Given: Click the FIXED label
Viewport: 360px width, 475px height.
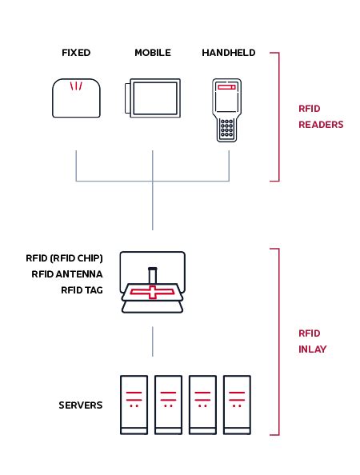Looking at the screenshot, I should tap(76, 54).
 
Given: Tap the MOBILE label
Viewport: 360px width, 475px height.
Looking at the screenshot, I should tap(153, 54).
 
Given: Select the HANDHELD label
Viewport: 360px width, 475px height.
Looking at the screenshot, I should tap(229, 54).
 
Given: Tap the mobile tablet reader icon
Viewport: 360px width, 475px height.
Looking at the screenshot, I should tap(152, 98).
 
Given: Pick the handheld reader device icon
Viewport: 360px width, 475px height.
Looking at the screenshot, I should tap(229, 110).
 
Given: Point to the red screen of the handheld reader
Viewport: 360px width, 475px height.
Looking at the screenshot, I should tap(229, 98).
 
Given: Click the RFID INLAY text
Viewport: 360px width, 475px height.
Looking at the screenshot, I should tap(313, 341).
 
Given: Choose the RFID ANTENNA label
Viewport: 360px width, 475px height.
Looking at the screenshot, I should tap(67, 273).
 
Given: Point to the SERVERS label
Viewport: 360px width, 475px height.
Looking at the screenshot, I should tap(80, 405).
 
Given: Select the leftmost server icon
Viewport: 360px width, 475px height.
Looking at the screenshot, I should tap(134, 404).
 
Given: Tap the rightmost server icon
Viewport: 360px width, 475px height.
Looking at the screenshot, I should tap(237, 404).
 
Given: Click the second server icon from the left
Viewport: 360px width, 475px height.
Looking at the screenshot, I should tap(168, 404).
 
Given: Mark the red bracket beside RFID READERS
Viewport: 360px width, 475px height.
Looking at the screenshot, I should tap(278, 117).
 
